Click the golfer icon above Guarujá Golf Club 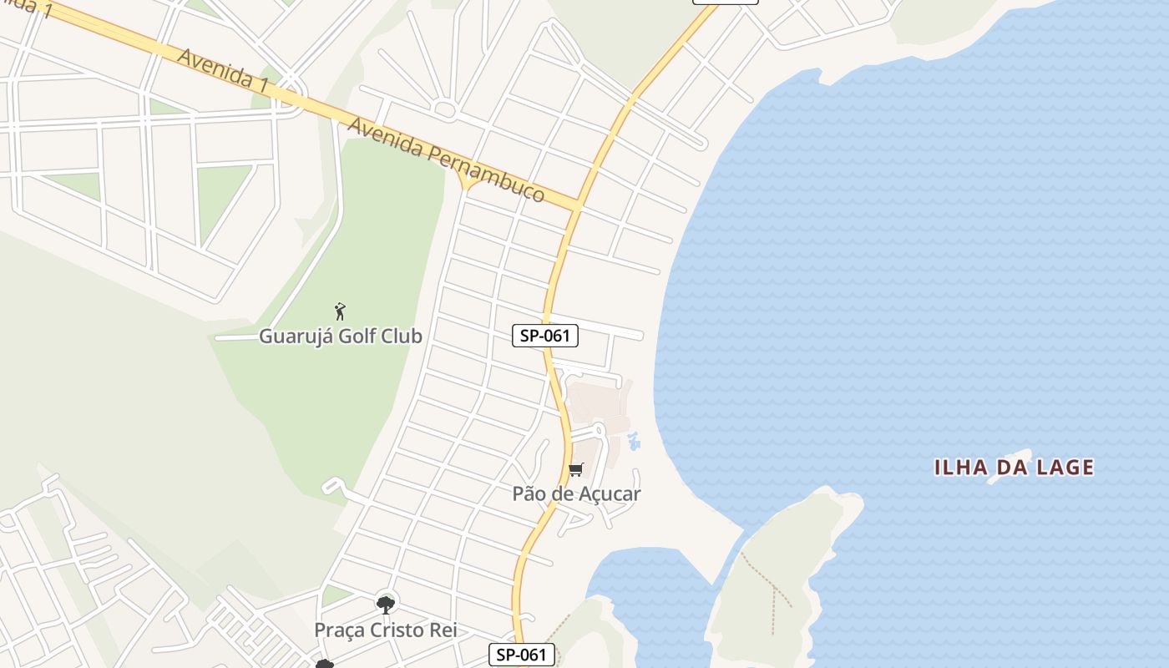click(x=340, y=312)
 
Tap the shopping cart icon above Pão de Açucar click(x=576, y=469)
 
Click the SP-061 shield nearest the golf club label click(x=545, y=336)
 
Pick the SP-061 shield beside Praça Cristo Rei click(x=521, y=655)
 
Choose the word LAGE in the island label click(x=1065, y=468)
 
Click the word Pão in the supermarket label click(x=529, y=493)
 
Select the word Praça click(x=339, y=630)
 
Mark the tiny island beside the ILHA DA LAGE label click(x=1010, y=467)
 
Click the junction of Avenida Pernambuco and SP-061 click(x=578, y=204)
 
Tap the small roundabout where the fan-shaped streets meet click(x=445, y=109)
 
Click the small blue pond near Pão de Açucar click(x=633, y=441)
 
